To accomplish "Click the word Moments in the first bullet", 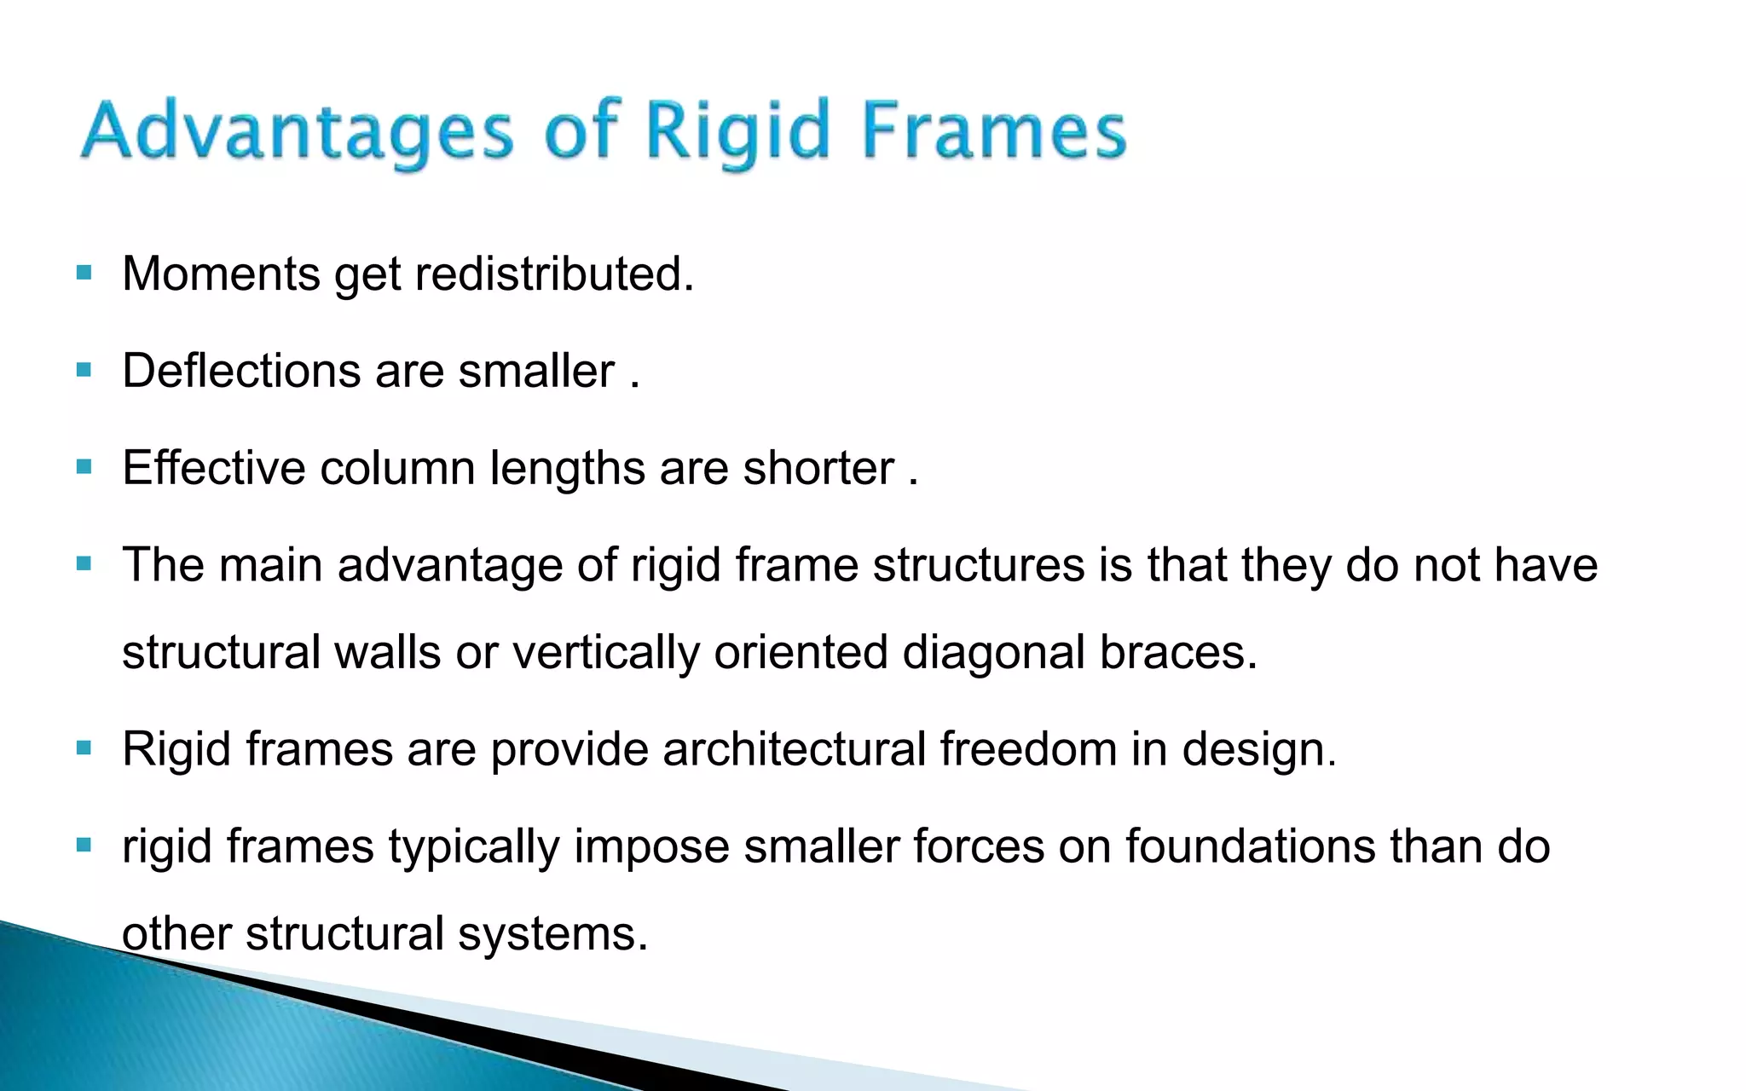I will pyautogui.click(x=221, y=274).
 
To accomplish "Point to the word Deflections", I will pyautogui.click(x=241, y=372).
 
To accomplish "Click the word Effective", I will pyautogui.click(x=214, y=468).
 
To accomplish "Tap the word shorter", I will pyautogui.click(x=818, y=468).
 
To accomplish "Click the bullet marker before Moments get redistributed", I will pyautogui.click(x=84, y=274).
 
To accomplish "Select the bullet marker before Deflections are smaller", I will pyautogui.click(x=84, y=371).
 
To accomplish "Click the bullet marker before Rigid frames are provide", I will pyautogui.click(x=84, y=748).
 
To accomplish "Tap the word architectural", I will pyautogui.click(x=794, y=749).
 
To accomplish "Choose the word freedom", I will pyautogui.click(x=1028, y=749).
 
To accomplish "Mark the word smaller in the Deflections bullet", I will pyautogui.click(x=536, y=372).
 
